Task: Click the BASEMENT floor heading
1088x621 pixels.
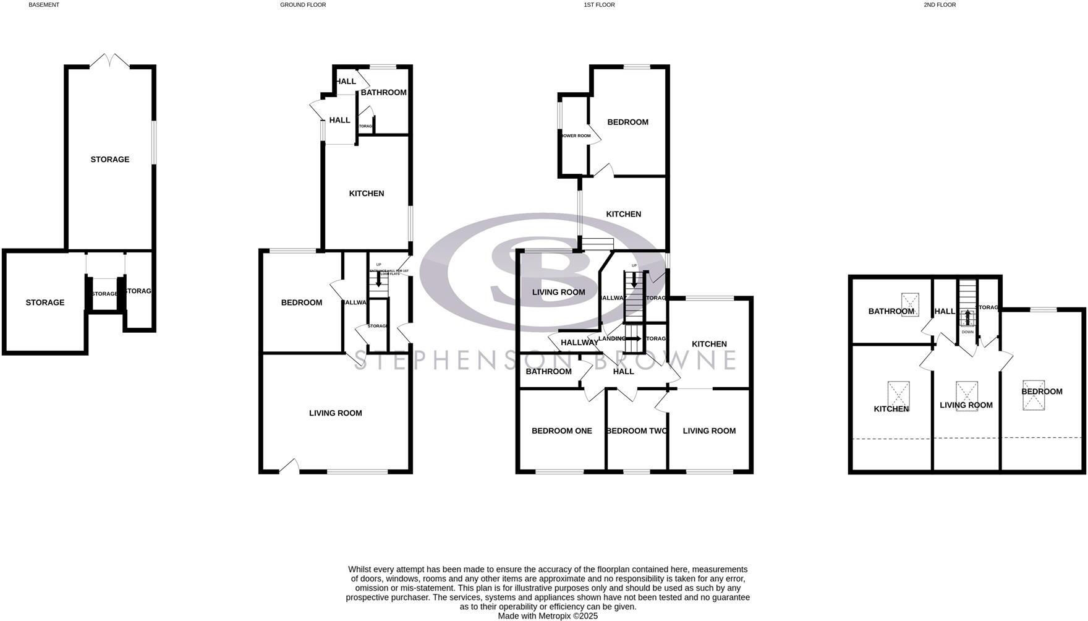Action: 44,5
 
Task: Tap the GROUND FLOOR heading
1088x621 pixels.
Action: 303,5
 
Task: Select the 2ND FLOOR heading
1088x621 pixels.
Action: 940,5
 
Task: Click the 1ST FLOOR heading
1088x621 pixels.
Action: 599,5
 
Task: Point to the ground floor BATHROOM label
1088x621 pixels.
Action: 383,93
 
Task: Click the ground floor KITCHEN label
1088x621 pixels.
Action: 367,194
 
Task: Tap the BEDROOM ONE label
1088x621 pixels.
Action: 561,431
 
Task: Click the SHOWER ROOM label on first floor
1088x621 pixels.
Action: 576,136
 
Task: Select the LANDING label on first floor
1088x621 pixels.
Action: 611,339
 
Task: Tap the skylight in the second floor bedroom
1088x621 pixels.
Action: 1034,395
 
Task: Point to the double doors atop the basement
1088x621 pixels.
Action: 110,61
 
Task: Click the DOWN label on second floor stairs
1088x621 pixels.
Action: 967,332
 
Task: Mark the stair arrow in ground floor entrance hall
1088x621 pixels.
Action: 378,280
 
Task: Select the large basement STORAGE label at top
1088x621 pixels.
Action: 110,160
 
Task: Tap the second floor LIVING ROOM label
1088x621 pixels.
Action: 966,405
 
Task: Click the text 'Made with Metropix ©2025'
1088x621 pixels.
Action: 548,616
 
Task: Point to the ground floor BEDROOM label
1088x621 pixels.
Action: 302,302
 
